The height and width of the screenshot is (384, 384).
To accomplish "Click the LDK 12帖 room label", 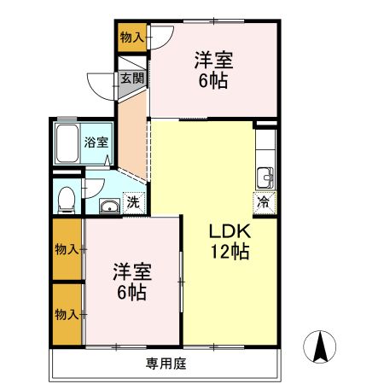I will tap(230, 240).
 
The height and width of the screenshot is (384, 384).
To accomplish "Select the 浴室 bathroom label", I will tap(96, 143).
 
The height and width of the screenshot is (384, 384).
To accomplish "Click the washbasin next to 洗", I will tap(109, 205).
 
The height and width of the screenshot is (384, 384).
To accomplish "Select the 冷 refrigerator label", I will tap(264, 203).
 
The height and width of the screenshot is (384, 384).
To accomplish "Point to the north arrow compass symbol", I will tap(321, 346).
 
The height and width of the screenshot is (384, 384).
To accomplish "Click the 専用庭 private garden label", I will tap(166, 364).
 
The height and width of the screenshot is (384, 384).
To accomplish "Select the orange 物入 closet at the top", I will tap(131, 38).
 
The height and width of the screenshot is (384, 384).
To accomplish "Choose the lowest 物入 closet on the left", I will tap(67, 315).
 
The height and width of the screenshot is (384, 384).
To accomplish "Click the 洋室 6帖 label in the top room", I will tap(214, 69).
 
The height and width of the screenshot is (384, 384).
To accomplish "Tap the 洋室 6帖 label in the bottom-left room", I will tap(132, 282).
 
